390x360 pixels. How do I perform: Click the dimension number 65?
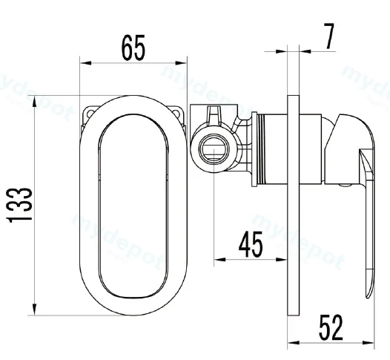click(x=133, y=48)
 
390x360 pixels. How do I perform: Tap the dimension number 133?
click(x=20, y=205)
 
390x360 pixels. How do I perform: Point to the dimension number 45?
click(x=251, y=244)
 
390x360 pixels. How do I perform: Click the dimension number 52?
click(x=331, y=327)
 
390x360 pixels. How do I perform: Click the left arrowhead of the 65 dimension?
click(x=85, y=63)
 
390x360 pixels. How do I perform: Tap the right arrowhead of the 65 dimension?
click(x=181, y=63)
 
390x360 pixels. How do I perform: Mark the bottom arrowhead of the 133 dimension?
click(x=35, y=310)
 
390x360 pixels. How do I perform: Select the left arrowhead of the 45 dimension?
click(x=219, y=260)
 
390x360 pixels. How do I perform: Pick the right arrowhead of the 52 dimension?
click(x=368, y=343)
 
